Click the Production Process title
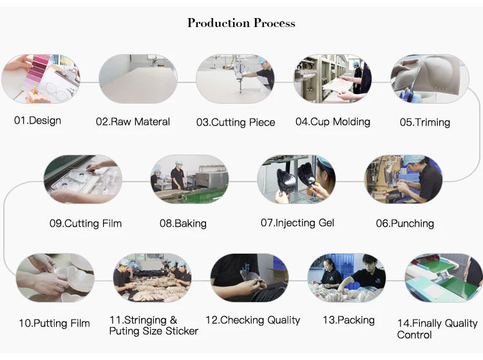point(241,23)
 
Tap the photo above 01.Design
point(41,79)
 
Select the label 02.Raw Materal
point(133,121)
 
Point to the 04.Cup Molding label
point(332,121)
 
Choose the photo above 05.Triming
point(430,79)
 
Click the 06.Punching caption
point(404,223)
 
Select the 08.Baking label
point(183,223)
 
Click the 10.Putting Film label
point(54,323)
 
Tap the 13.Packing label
point(348,320)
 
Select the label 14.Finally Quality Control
point(437,329)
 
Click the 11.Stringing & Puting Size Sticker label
point(153,325)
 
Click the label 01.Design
point(37,120)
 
